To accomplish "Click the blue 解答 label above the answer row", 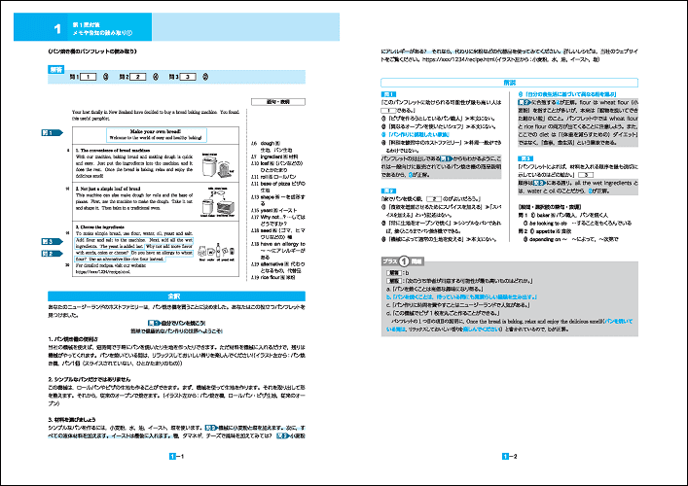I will click(x=56, y=69).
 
